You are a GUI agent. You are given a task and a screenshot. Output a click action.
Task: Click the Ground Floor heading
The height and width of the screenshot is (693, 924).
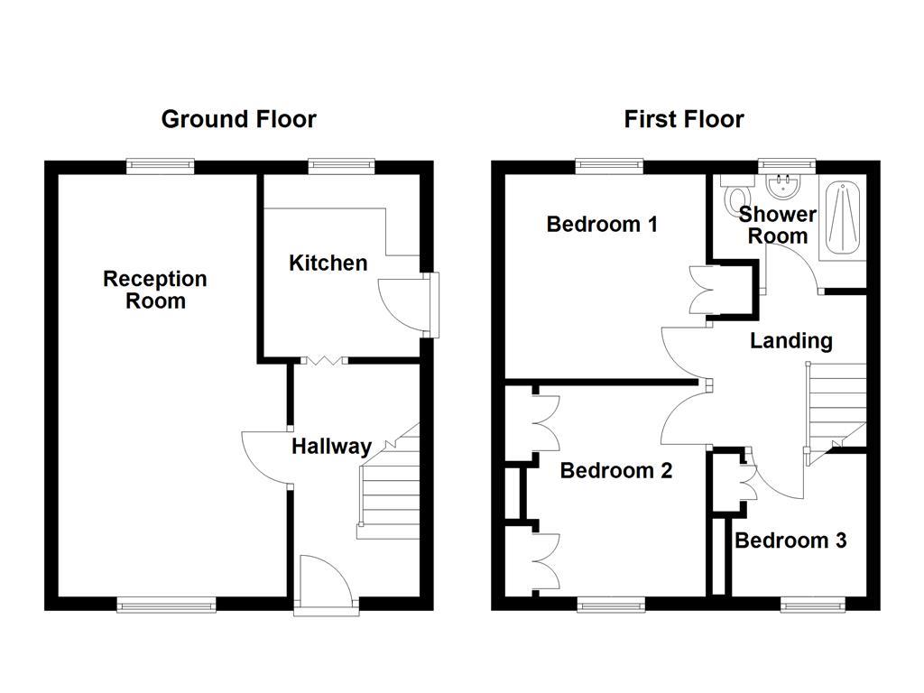238,119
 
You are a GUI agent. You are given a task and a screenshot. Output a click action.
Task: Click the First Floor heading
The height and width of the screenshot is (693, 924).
684,119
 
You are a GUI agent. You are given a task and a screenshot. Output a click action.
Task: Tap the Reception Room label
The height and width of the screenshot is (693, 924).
155,290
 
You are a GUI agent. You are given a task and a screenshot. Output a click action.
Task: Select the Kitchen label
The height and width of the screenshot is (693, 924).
328,263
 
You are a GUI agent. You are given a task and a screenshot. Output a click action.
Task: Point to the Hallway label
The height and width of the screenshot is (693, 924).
331,446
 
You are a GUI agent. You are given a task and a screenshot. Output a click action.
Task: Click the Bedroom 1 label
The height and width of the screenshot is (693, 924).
602,224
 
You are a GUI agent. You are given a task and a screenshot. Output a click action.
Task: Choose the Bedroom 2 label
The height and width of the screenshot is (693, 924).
615,470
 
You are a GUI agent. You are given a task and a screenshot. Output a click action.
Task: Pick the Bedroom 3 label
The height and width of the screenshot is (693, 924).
790,541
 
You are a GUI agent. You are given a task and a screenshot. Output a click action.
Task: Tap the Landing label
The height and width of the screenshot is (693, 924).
790,340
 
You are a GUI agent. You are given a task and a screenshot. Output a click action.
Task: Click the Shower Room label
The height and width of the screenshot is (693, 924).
777,225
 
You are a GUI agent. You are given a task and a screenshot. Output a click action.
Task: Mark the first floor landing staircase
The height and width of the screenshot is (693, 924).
836,406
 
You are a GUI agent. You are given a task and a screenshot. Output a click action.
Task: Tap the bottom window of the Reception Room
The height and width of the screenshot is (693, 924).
167,605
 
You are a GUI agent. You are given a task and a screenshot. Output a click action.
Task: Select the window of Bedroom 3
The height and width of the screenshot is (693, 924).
814,605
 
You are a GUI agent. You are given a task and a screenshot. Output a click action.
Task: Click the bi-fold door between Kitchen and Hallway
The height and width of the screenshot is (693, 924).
322,360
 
